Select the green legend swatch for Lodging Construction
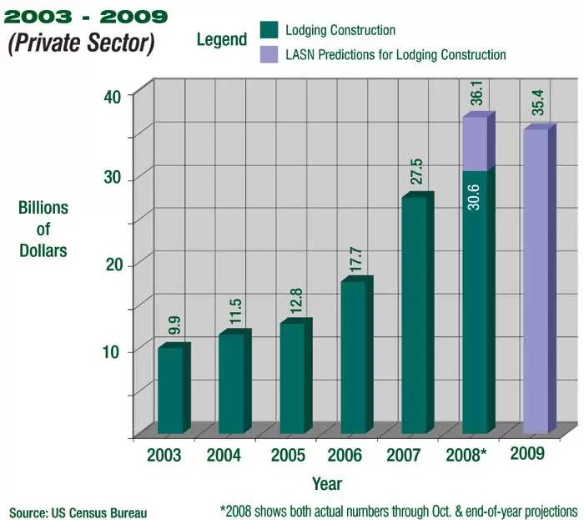268,31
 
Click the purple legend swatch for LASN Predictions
268,55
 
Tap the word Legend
222,39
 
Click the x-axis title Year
326,483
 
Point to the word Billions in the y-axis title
43,208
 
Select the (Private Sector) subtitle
81,43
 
